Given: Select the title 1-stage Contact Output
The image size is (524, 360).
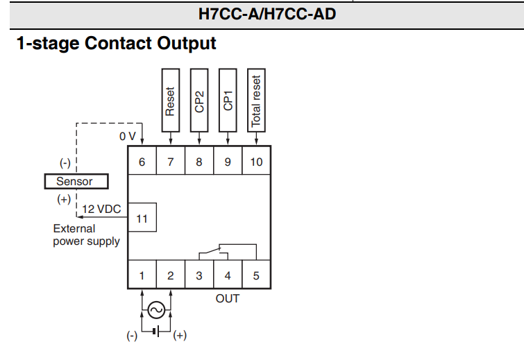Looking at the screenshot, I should (116, 44).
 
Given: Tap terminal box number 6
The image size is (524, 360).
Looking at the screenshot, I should (142, 162).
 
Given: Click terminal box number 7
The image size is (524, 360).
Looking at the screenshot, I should (171, 162).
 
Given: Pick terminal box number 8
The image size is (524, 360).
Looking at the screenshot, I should (199, 162).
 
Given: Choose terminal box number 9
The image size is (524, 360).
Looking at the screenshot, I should (228, 162).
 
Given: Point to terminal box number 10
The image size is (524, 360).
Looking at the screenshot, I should (256, 162).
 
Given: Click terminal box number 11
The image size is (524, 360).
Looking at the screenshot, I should (142, 218).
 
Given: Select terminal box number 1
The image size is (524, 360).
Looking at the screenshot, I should (142, 275).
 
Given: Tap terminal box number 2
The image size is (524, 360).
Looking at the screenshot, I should (171, 275).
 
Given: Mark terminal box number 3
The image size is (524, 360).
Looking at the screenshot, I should (199, 275).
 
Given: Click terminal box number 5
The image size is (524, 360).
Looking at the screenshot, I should (256, 275).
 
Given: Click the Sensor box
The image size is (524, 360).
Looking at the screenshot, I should (74, 182).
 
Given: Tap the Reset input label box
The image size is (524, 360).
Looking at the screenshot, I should (171, 101).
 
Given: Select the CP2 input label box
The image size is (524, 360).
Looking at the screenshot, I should (199, 101).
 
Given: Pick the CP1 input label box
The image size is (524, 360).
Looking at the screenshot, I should (228, 101).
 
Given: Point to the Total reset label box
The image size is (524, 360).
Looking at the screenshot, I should (256, 101).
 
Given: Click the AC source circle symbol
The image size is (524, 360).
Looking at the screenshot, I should (156, 310).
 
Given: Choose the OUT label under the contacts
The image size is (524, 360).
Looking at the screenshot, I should (227, 298).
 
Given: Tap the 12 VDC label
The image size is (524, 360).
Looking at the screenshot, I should (101, 209).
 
